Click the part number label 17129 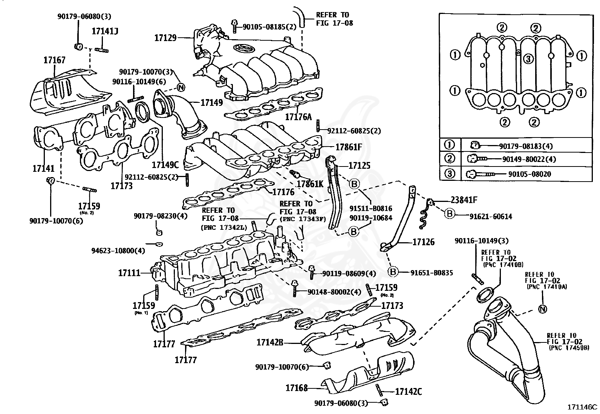tap(165, 38)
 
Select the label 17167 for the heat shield tap(55, 60)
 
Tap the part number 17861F tap(349, 147)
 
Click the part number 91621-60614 tap(491, 216)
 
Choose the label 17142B tap(269, 342)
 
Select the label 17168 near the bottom tap(297, 388)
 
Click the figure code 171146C tap(583, 407)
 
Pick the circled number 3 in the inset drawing tap(528, 58)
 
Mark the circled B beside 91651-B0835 tap(393, 272)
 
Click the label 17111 tap(129, 273)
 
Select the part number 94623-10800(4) tap(118, 251)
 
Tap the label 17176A tap(298, 117)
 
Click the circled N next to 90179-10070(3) tap(181, 87)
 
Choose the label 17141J tap(105, 31)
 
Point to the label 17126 tap(423, 242)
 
